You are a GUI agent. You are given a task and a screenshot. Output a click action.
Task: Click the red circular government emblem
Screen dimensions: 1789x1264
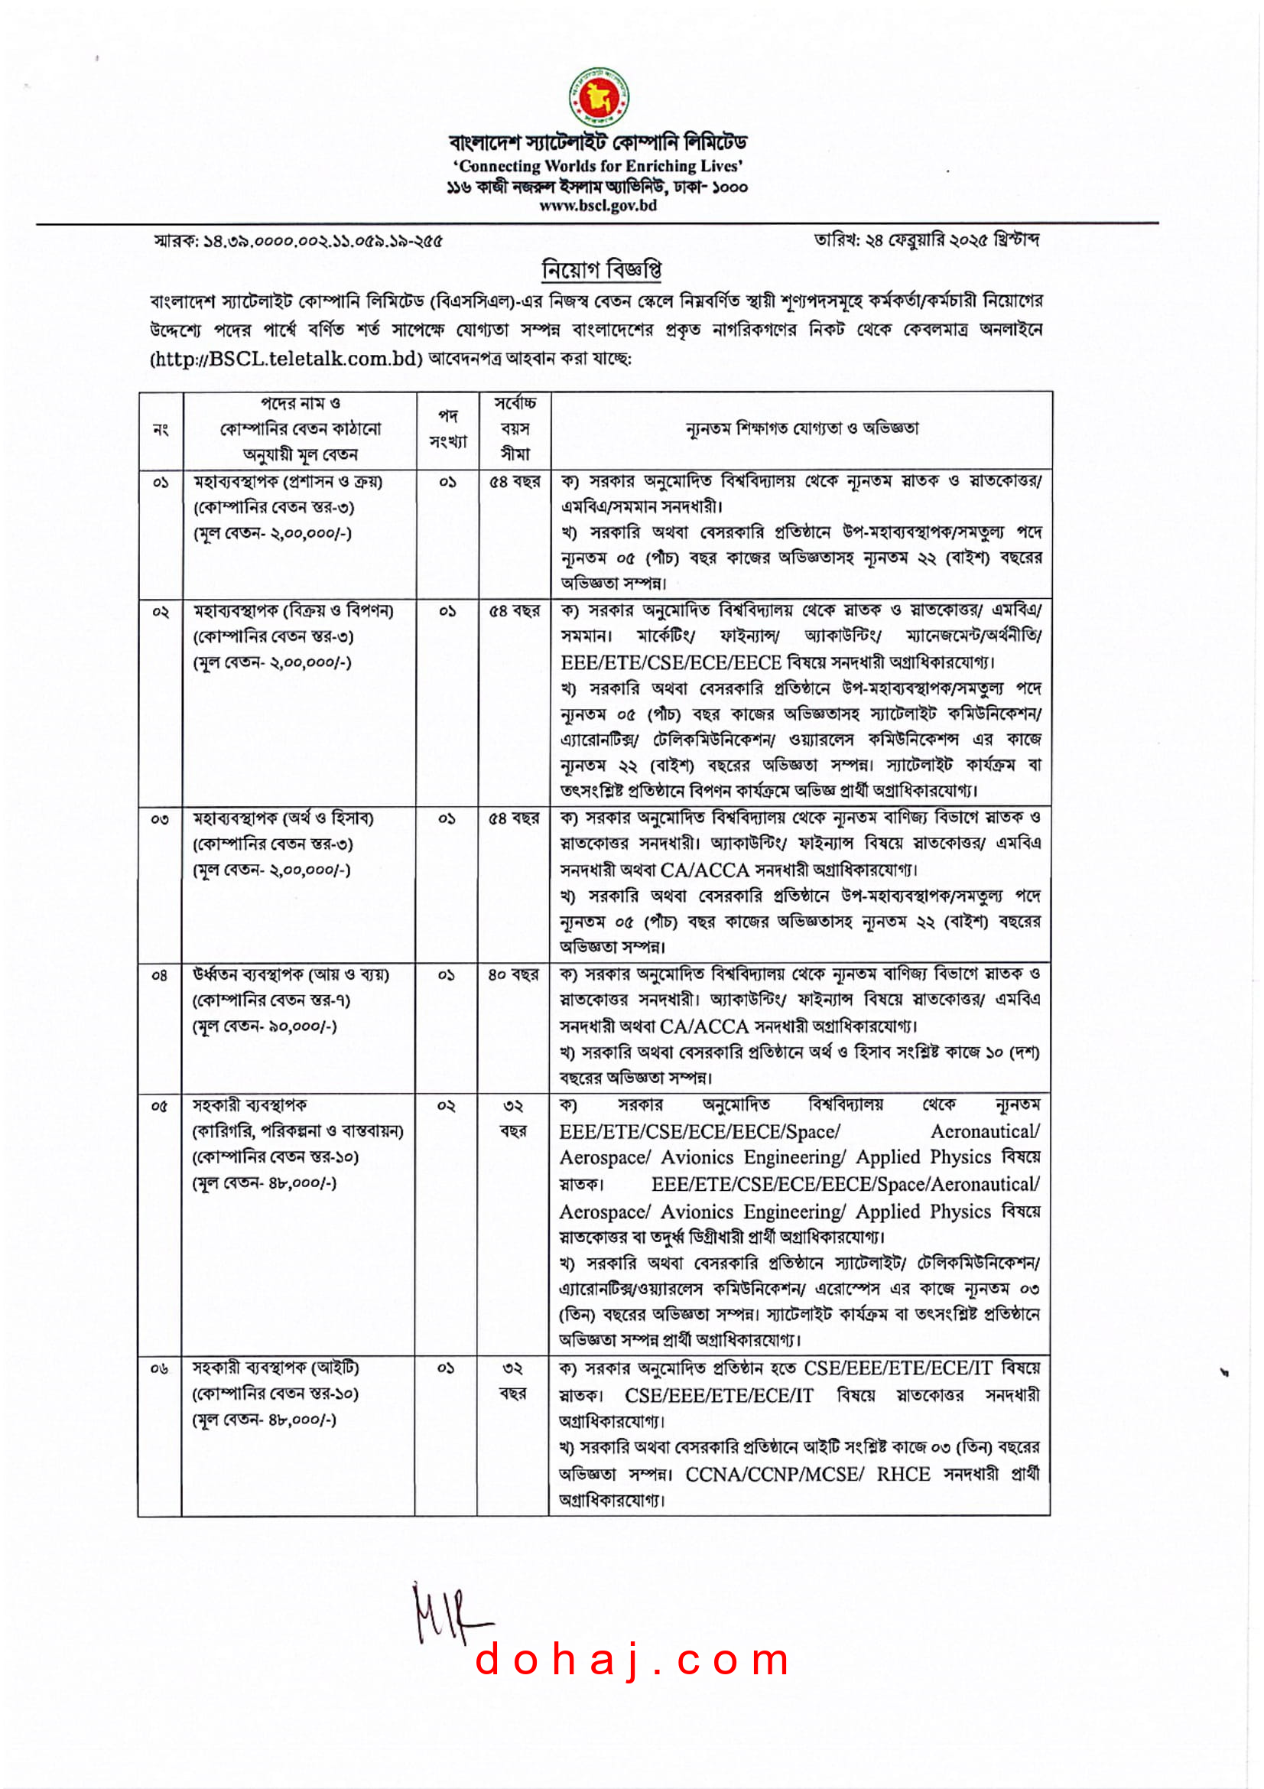pos(598,97)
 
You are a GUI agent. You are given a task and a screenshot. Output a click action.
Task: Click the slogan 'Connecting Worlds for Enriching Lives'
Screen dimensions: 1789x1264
pos(598,166)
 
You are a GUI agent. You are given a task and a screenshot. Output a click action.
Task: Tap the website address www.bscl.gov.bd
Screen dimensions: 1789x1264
pos(598,206)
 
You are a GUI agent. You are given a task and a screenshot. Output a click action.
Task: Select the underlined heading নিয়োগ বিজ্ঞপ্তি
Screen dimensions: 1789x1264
pos(601,269)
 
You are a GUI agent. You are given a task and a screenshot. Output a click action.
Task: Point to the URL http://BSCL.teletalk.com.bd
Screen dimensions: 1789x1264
pos(287,359)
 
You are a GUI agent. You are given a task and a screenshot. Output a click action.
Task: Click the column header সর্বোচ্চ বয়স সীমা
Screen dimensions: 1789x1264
pos(515,428)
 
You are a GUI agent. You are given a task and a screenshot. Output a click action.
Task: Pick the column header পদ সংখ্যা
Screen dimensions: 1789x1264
pos(448,428)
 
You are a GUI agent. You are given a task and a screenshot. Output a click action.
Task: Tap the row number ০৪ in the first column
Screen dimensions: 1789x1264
pos(160,974)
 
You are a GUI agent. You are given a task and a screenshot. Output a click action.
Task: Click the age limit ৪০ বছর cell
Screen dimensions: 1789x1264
pos(513,974)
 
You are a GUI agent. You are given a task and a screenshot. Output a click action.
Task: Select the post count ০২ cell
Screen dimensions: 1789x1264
pos(447,1106)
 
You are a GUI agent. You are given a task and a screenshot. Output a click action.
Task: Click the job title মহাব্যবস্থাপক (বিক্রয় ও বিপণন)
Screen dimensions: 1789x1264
pos(294,611)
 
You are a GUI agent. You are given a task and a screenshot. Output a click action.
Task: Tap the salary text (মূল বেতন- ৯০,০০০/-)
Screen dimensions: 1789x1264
pos(265,1026)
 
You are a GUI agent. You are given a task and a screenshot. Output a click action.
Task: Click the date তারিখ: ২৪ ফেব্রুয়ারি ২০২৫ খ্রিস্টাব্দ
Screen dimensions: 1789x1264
pos(926,240)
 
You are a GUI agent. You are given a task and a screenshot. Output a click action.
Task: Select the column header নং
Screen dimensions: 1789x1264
pos(161,429)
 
